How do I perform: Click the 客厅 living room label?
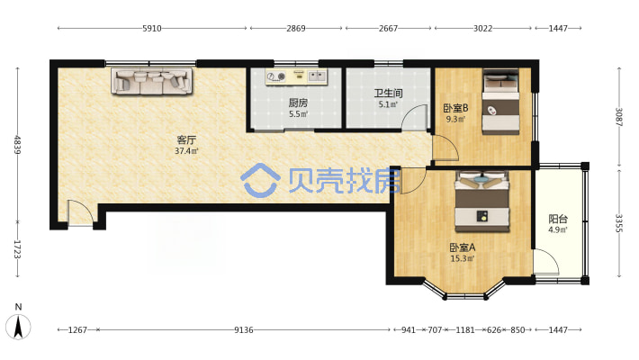pos(186,139)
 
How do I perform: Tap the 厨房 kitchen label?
pos(298,103)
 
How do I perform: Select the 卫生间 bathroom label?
pos(389,94)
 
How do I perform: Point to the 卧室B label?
pos(455,108)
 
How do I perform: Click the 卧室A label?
pos(462,247)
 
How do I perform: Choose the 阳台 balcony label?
pos(558,219)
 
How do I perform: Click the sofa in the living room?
pos(151,81)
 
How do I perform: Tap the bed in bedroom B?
pos(500,102)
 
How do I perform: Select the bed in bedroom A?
pos(482,202)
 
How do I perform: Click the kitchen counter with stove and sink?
pos(296,76)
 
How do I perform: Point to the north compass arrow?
pos(18,327)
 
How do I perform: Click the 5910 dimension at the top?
pos(152,28)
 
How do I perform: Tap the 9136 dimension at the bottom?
pos(244,329)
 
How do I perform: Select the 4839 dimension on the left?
pos(17,145)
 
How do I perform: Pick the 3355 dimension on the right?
pos(619,223)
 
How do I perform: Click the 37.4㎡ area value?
pos(186,151)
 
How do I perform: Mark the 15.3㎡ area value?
pos(462,258)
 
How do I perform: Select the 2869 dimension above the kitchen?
pos(296,28)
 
